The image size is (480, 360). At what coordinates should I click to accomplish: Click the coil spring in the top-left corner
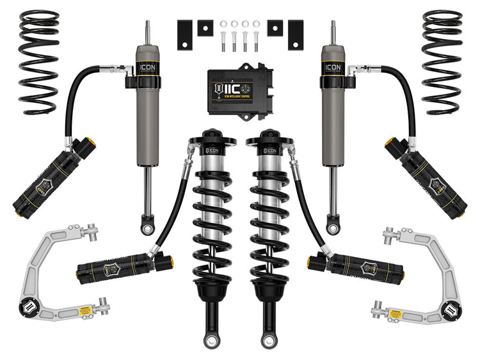[39, 62]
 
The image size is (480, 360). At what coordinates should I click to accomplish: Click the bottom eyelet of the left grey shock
[147, 224]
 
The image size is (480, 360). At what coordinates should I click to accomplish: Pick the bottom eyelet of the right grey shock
[333, 224]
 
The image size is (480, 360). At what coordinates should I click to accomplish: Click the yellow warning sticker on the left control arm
[82, 311]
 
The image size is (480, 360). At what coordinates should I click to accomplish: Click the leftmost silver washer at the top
[223, 25]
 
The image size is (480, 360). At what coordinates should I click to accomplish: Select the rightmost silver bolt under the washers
[255, 44]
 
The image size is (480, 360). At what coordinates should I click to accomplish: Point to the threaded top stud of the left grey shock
[147, 32]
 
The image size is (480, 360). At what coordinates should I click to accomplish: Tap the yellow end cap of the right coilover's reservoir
[313, 262]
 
